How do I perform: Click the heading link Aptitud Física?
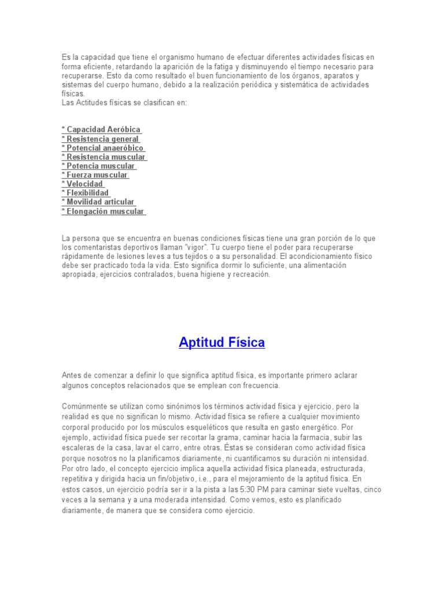[222, 342]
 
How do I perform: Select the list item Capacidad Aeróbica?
[101, 129]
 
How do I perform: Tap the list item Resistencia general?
[101, 139]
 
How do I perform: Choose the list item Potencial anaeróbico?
[103, 148]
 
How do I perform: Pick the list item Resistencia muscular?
[103, 157]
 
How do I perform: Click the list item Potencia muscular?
[98, 166]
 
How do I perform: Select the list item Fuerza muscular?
[95, 175]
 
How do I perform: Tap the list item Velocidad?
[83, 184]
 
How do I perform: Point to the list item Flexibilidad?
[86, 193]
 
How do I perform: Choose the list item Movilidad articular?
[98, 202]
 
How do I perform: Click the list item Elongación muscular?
[103, 211]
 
